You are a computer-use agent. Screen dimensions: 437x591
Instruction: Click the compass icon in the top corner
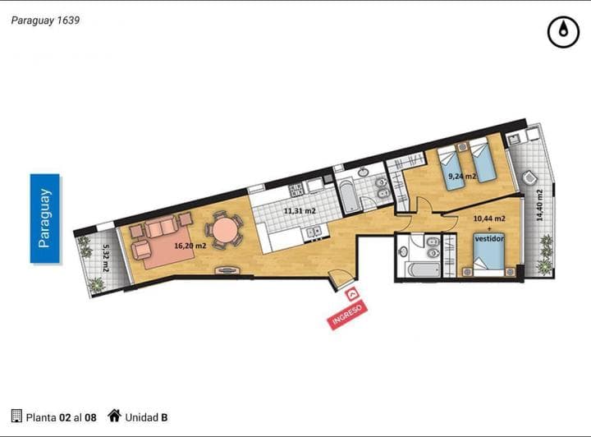[x=562, y=32]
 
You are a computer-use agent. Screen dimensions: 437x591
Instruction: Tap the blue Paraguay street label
[x=45, y=218]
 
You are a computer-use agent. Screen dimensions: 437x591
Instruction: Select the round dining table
[x=223, y=230]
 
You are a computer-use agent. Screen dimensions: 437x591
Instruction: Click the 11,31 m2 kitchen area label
[x=299, y=211]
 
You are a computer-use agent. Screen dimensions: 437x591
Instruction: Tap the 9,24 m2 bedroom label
[x=462, y=176]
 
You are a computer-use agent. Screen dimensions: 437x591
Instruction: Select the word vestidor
[x=489, y=238]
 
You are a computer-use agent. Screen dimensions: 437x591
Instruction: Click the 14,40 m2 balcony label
[x=539, y=206]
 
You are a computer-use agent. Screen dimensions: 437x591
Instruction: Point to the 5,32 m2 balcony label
[x=106, y=260]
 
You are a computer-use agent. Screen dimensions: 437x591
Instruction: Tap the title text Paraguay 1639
[x=45, y=20]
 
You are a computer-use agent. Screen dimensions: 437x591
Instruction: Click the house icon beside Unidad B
[x=114, y=416]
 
